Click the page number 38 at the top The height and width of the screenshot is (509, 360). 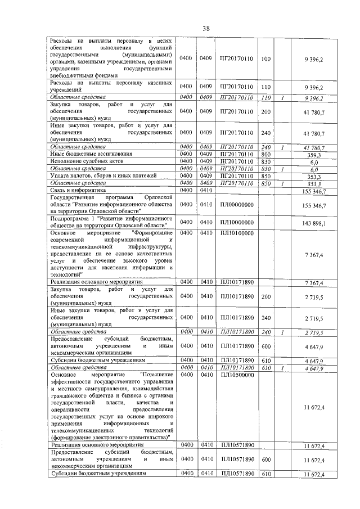206,28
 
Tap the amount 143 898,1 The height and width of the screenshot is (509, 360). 314,223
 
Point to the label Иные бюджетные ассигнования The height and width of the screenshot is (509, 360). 91,154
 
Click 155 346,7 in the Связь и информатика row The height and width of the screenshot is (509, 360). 314,191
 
